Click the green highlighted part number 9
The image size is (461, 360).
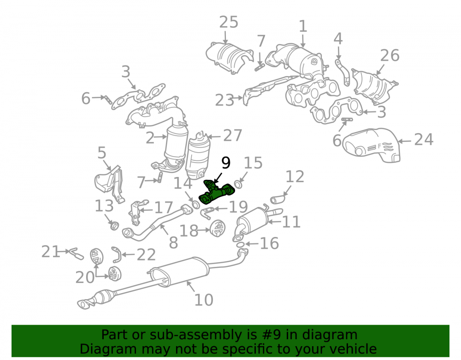click(x=217, y=193)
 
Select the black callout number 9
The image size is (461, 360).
click(x=226, y=163)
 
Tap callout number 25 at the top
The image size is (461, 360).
click(x=229, y=22)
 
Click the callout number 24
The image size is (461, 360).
click(x=424, y=140)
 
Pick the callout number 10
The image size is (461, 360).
click(x=204, y=300)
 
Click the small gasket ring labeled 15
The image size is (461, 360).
click(x=238, y=185)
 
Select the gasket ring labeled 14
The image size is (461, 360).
click(x=195, y=204)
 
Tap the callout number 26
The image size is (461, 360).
click(x=390, y=55)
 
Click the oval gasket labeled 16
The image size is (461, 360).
click(x=240, y=244)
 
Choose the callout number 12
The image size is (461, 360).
click(x=295, y=177)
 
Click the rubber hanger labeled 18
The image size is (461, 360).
click(x=218, y=228)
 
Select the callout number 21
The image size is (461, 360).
click(x=51, y=252)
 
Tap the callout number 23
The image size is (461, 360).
click(x=225, y=100)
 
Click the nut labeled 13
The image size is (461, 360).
click(x=114, y=226)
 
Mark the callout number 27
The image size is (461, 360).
click(x=232, y=136)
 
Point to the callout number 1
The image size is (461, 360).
click(x=303, y=26)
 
